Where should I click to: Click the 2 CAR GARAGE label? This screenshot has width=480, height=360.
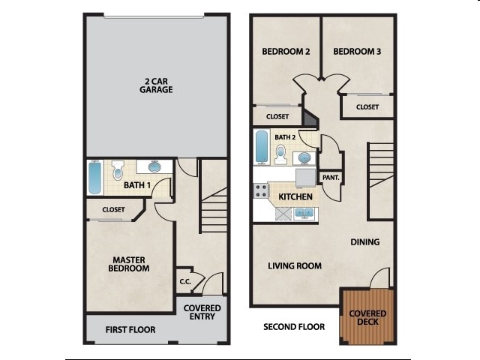click(x=156, y=85)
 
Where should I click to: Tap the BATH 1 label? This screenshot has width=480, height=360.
click(x=137, y=184)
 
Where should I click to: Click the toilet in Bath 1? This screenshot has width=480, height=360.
click(x=118, y=171)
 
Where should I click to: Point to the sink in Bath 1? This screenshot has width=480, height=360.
click(x=154, y=166)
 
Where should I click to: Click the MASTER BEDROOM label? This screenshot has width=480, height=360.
click(x=127, y=264)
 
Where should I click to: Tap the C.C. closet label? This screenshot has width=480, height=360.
click(x=184, y=282)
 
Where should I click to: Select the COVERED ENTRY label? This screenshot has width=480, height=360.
click(x=202, y=312)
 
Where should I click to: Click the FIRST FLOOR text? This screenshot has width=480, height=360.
click(x=130, y=329)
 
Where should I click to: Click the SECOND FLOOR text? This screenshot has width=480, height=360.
click(x=294, y=327)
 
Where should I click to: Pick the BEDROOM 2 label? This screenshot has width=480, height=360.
click(x=286, y=52)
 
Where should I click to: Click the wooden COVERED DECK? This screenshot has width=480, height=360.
click(x=367, y=317)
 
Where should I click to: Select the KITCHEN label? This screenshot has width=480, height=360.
click(x=295, y=196)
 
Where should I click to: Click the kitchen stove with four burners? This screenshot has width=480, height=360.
click(x=261, y=190)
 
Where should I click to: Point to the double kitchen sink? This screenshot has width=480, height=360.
click(x=304, y=213)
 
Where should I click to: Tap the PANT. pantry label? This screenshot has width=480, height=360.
click(x=330, y=178)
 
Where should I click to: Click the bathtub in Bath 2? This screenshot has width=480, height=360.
click(x=261, y=147)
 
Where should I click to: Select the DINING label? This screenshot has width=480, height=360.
click(x=364, y=242)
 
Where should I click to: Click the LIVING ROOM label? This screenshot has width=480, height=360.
click(x=295, y=265)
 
